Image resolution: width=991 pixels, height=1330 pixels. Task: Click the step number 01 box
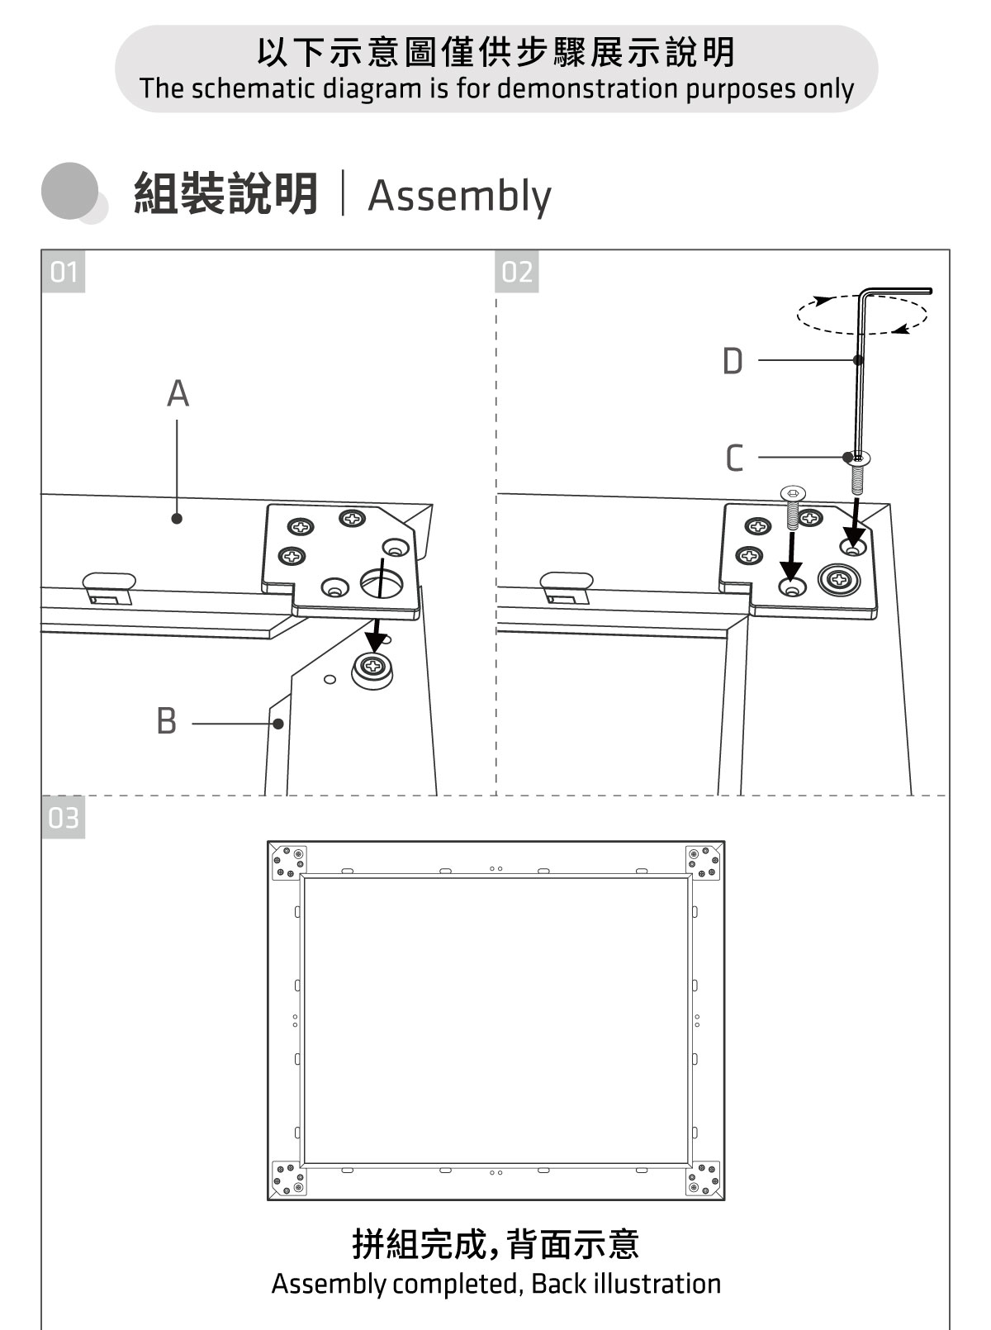point(63,272)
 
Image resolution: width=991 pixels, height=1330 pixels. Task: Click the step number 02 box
point(517,272)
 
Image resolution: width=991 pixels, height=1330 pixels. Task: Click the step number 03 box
point(63,818)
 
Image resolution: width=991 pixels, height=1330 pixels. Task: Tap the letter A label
point(178,394)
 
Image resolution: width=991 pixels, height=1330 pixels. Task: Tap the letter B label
point(166,721)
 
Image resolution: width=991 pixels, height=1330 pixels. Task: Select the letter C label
point(733,458)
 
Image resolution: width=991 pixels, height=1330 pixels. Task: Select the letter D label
point(733,362)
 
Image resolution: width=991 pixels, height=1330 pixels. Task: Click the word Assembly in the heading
point(459,197)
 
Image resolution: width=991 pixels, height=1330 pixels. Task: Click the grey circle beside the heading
point(69,191)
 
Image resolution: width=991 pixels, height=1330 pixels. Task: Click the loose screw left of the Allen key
point(792,506)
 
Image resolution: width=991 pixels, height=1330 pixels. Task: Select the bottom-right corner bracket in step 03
point(703,1178)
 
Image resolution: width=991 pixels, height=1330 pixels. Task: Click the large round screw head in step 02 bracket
point(840,580)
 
